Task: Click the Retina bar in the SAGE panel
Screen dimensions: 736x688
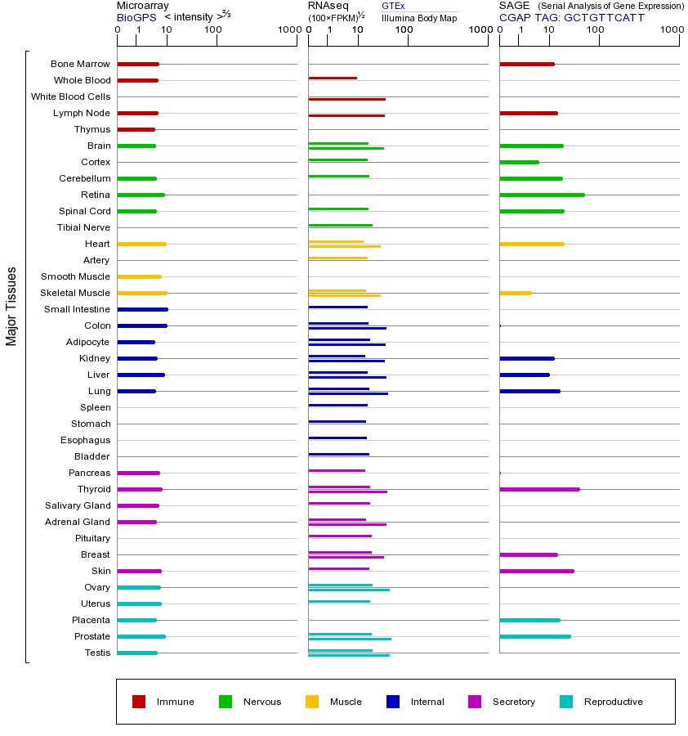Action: (542, 195)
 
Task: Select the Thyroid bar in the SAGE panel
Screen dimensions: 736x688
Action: (539, 489)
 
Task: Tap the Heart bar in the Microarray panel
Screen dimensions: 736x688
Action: (141, 244)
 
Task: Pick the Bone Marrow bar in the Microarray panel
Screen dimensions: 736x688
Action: (138, 64)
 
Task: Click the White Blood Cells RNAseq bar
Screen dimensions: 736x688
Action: (346, 99)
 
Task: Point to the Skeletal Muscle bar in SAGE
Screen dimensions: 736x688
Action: (515, 293)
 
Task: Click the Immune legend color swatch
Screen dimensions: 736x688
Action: (139, 702)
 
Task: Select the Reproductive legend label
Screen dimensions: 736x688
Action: (613, 702)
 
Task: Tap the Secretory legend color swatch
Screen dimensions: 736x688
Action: (475, 702)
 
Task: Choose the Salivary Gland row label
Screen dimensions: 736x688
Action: (78, 505)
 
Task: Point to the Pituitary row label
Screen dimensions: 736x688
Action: (92, 538)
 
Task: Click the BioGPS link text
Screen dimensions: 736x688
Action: (136, 17)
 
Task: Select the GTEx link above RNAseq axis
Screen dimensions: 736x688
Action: (393, 6)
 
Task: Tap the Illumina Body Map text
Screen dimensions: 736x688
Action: (419, 17)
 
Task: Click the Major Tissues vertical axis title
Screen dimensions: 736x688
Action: (11, 306)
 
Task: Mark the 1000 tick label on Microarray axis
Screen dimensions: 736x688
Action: (288, 30)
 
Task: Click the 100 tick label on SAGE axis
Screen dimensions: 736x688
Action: (595, 30)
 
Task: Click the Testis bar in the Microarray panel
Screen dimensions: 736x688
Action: (137, 653)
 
